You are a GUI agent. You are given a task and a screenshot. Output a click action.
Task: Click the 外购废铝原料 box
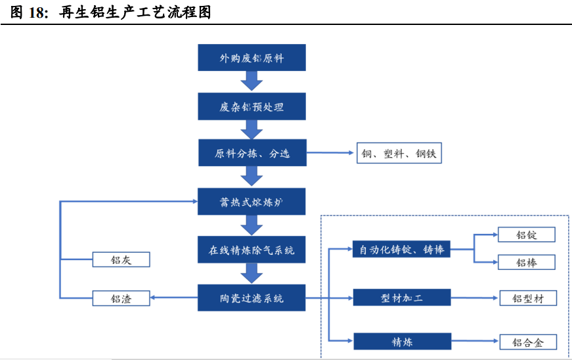[x=252, y=58]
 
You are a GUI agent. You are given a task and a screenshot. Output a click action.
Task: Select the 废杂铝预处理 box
[x=252, y=106]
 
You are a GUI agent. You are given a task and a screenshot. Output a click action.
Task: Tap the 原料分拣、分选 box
[x=252, y=154]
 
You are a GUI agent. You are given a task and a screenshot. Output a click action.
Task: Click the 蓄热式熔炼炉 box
[x=252, y=202]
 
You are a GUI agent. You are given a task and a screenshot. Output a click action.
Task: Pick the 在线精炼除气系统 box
[x=252, y=250]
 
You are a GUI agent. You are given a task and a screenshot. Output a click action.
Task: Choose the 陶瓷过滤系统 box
[x=252, y=298]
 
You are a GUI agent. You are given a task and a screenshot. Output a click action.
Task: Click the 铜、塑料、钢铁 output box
[x=399, y=154]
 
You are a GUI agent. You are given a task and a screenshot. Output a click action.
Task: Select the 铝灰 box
[x=121, y=259]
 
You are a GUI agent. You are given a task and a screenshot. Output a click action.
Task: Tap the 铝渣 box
[x=121, y=298]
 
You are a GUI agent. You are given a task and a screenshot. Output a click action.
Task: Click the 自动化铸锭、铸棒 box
[x=401, y=249]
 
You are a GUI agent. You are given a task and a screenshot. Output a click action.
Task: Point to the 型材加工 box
[x=401, y=298]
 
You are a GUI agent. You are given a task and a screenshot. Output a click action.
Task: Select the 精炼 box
[x=401, y=341]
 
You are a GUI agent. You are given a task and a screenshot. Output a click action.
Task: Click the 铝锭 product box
[x=527, y=235]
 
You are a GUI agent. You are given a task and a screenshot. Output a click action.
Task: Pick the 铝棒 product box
[x=527, y=263]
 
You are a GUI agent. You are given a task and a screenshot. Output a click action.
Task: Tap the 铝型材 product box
[x=527, y=298]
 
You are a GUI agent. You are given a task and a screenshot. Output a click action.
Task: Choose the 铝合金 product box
[x=527, y=342]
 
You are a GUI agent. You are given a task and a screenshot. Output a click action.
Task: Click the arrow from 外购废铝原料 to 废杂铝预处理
[x=252, y=81]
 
